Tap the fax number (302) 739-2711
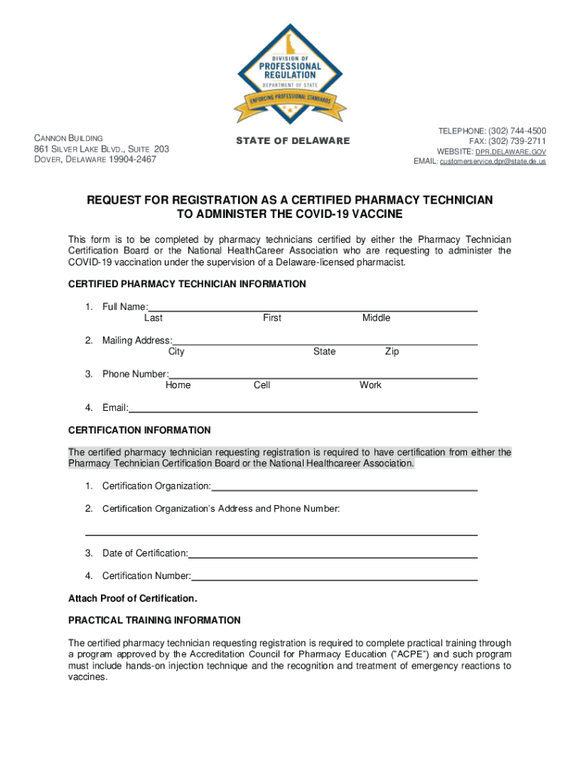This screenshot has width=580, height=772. click(518, 141)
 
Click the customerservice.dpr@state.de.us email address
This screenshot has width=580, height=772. click(493, 161)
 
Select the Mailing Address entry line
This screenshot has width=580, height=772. click(325, 342)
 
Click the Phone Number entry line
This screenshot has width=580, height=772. click(323, 376)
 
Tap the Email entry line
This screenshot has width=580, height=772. click(303, 410)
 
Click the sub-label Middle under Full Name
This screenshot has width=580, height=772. click(376, 318)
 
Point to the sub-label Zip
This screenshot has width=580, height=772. click(392, 352)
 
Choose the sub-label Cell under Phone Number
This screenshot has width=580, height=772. click(262, 385)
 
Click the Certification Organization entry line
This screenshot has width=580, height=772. click(344, 489)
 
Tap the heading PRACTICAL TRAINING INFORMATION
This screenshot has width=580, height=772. click(154, 620)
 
